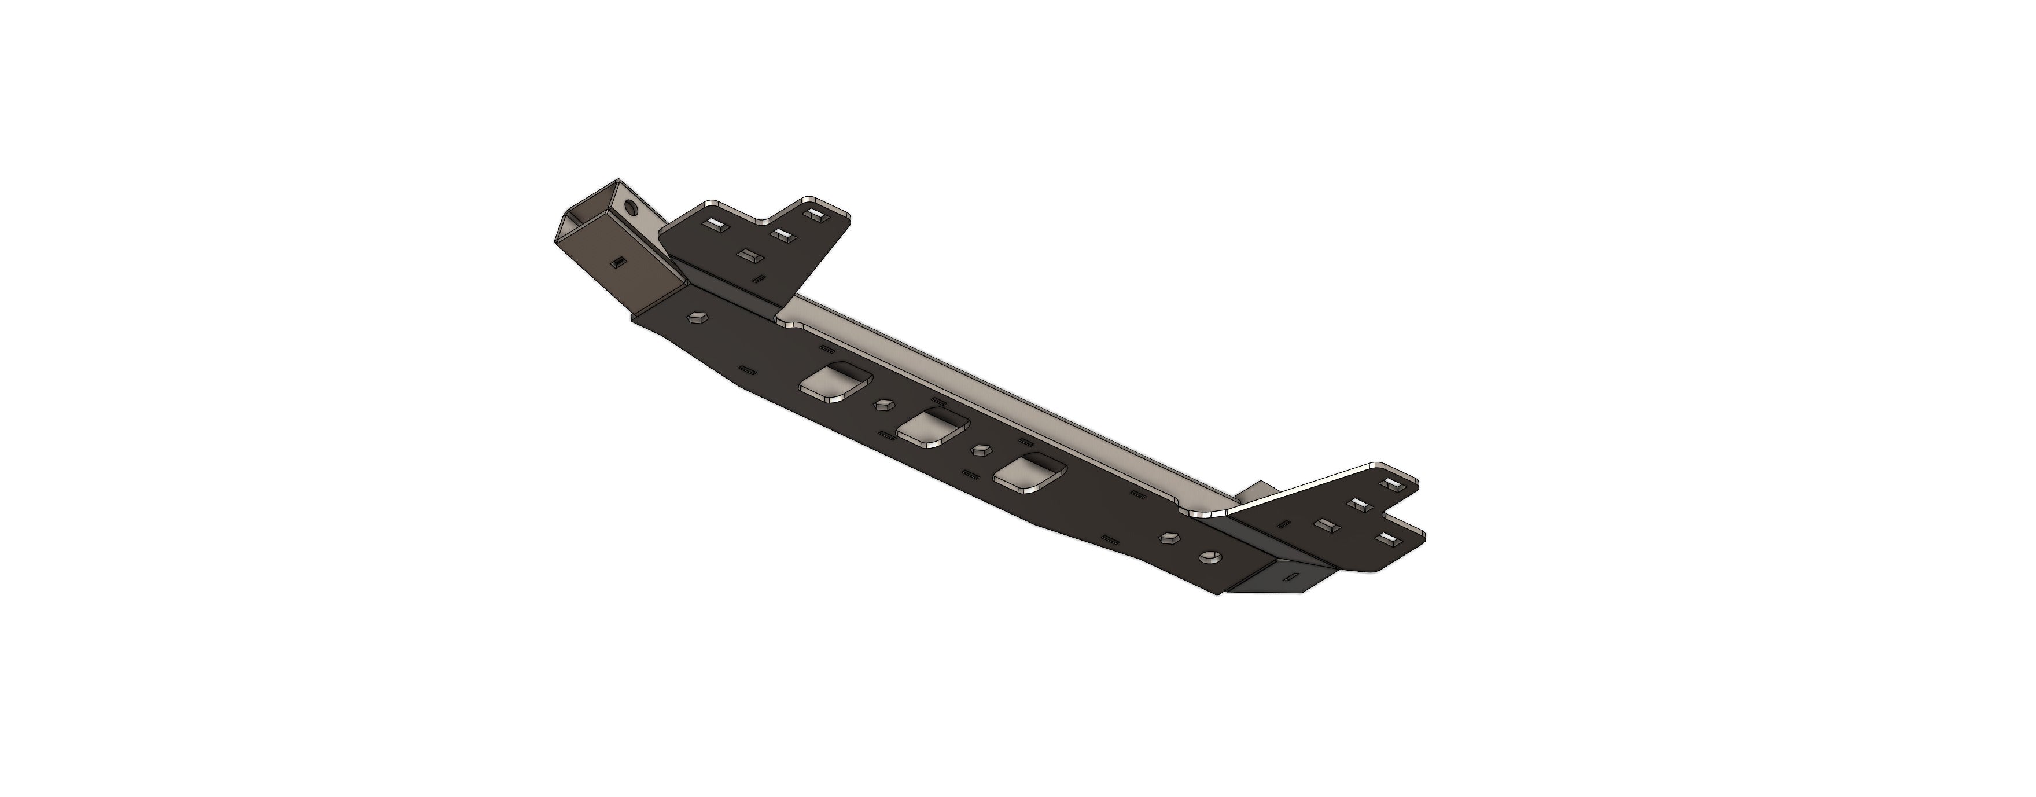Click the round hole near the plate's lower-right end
(1209, 558)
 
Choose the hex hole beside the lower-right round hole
(1168, 538)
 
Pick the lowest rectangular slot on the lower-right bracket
(1385, 539)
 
